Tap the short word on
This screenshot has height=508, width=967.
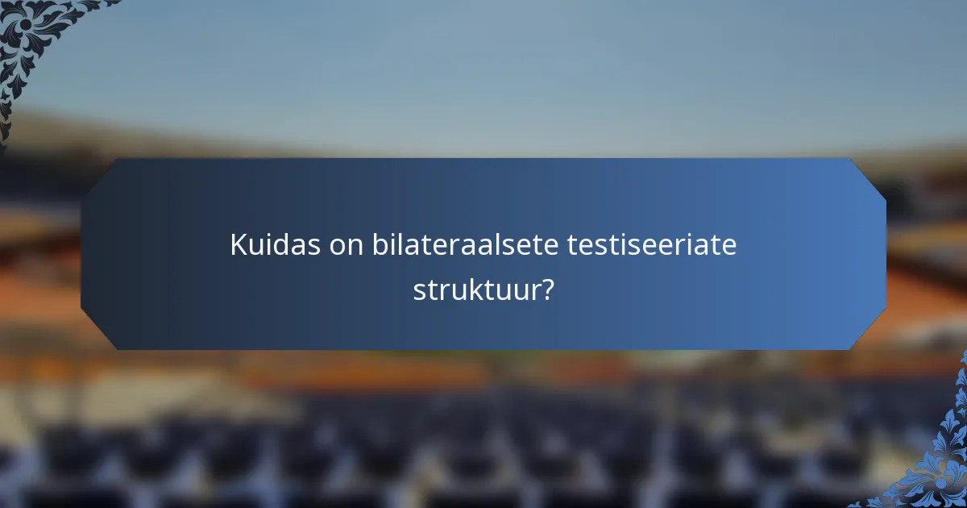tap(347, 245)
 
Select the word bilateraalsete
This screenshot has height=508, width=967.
tap(465, 245)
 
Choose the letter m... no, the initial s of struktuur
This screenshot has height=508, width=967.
tap(420, 290)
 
